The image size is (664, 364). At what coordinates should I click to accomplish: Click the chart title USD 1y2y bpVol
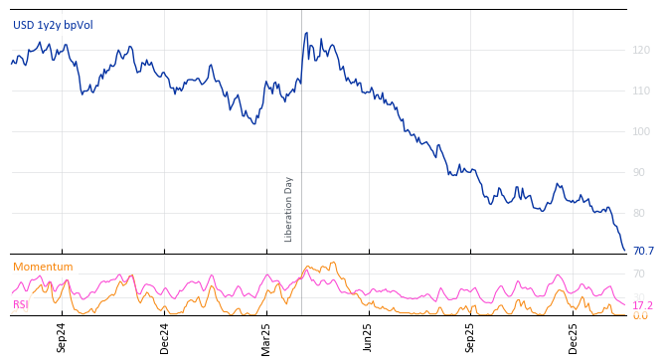coord(53,25)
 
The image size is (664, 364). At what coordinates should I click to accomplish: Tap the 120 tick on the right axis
coord(641,50)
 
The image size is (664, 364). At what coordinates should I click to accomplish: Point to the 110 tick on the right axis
coord(641,91)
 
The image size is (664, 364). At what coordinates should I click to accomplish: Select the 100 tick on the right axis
coord(641,131)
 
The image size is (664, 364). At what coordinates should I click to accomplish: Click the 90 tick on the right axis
coord(641,172)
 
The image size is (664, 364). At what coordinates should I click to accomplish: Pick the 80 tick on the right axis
coord(641,213)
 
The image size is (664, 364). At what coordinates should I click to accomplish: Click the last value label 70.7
coord(643,251)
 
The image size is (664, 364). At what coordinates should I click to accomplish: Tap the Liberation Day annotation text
coord(289,209)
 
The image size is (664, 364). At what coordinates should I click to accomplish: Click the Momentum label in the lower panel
coord(43,267)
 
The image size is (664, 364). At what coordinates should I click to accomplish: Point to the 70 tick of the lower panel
coord(639,273)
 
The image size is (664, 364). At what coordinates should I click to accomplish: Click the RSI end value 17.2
coord(642,305)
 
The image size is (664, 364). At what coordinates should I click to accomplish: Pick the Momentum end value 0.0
coord(639,315)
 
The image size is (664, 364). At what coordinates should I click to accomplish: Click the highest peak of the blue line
coord(306,33)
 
